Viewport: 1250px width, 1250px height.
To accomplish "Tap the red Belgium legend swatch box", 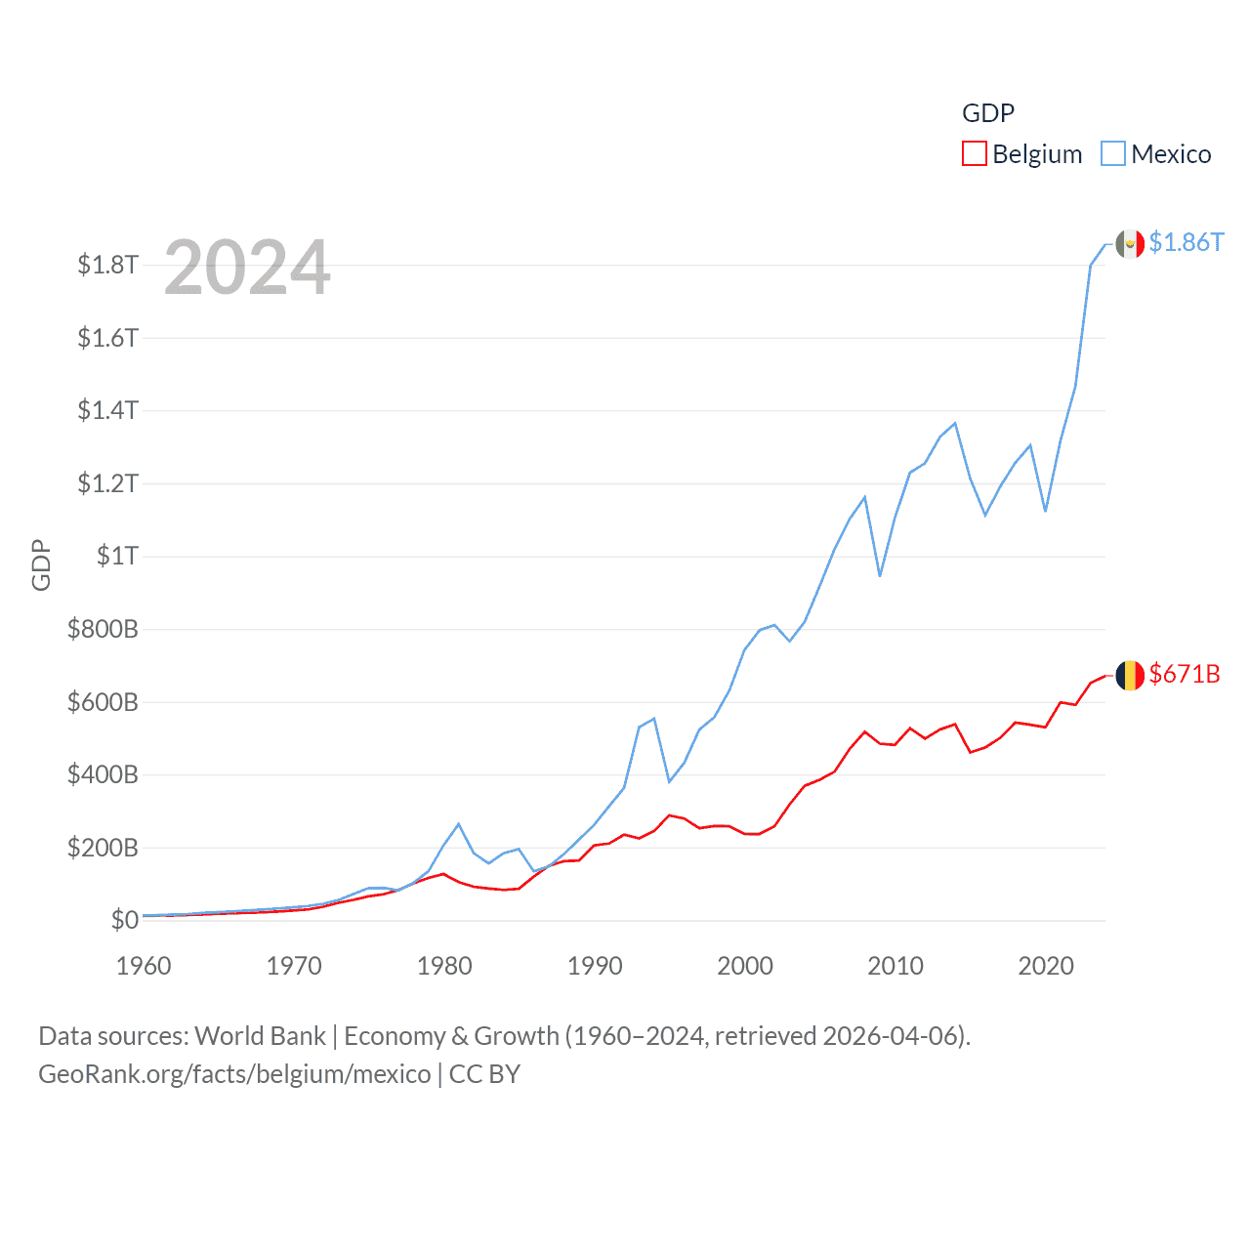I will [x=975, y=154].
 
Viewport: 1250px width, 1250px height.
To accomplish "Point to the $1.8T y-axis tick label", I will [x=108, y=265].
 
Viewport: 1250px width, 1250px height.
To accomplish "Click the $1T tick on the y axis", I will [x=117, y=556].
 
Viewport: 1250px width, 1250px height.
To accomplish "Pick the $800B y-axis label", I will [x=103, y=629].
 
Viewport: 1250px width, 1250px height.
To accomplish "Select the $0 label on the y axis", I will [x=124, y=920].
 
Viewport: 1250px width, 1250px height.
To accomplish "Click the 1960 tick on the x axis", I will [x=144, y=966].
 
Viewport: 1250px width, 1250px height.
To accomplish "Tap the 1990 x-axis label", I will [x=595, y=966].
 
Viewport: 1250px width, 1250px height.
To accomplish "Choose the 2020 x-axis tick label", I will [x=1046, y=966].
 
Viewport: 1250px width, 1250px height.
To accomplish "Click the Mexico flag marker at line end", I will [x=1130, y=244].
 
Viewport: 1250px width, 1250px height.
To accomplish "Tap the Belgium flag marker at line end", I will [x=1130, y=675].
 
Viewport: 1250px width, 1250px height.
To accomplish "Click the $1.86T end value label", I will [x=1186, y=242].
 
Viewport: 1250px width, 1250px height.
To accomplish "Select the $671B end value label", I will [x=1185, y=674].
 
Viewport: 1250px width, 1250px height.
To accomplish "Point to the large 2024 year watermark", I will [x=247, y=268].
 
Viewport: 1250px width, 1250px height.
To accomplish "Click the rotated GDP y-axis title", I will [x=41, y=564].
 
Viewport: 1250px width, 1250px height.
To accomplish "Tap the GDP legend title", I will [x=988, y=113].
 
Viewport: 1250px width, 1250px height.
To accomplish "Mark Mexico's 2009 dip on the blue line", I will [x=880, y=575].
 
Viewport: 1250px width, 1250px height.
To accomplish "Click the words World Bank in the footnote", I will [x=261, y=1036].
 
